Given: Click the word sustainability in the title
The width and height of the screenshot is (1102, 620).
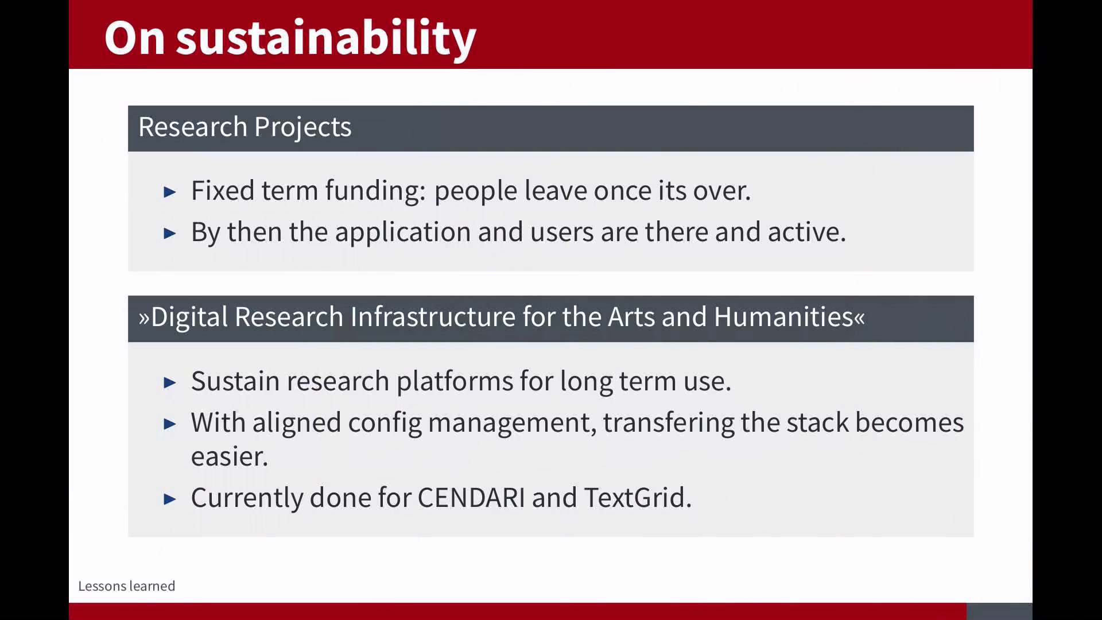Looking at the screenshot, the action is [326, 38].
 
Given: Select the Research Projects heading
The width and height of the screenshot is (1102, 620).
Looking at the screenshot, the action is [245, 127].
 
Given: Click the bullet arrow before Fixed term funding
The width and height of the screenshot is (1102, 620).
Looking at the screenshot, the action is [170, 192].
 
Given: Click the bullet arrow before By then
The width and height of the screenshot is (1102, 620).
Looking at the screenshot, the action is [170, 233].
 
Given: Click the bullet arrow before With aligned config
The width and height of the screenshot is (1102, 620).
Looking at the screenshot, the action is [170, 424].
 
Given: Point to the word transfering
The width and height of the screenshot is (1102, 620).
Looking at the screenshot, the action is [668, 423].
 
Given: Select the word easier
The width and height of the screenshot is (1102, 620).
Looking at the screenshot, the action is [230, 457].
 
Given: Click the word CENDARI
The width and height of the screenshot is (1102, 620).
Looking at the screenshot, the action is [471, 498].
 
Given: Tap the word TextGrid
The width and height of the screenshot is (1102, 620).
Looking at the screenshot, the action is [638, 498].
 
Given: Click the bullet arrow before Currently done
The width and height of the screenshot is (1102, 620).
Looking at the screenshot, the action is [170, 499].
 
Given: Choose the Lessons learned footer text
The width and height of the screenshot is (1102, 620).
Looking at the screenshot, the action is [127, 586].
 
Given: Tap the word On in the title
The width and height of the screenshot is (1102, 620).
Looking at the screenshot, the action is [135, 38].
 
